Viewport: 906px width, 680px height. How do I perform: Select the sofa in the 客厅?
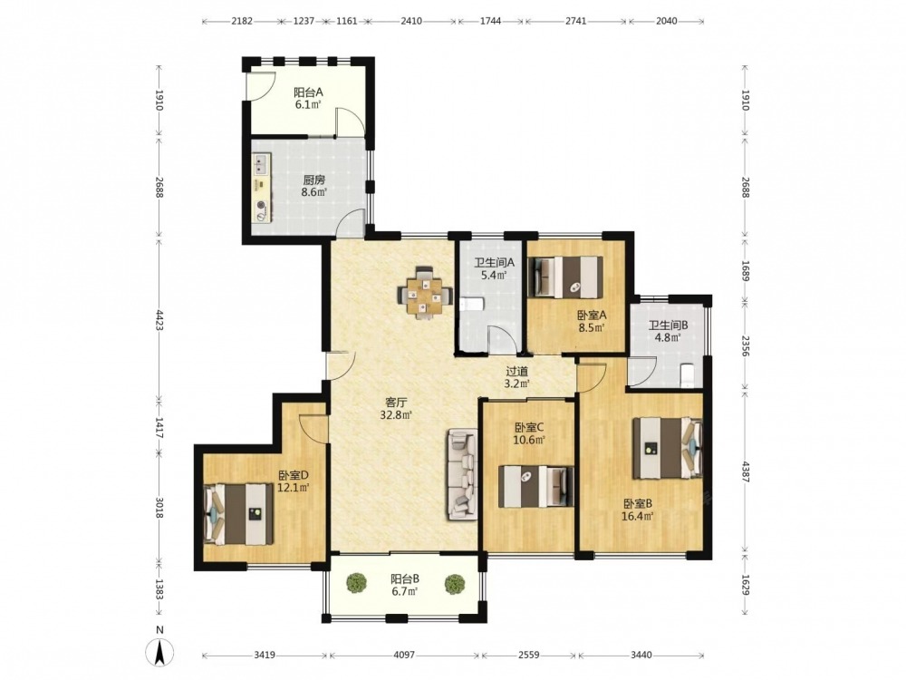[461, 474]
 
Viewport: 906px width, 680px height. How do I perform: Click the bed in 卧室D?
[238, 514]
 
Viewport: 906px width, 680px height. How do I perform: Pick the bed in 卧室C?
[536, 486]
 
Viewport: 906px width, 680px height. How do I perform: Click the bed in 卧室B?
[668, 448]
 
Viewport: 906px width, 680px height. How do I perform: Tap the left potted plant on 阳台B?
[356, 583]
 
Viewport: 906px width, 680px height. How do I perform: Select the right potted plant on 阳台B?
[455, 584]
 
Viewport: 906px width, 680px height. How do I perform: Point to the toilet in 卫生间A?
[472, 305]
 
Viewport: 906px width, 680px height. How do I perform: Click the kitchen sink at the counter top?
[261, 163]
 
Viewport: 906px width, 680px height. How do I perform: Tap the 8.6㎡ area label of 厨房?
[313, 192]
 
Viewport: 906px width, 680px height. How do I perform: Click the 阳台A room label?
[308, 92]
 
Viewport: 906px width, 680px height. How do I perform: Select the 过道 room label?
[517, 371]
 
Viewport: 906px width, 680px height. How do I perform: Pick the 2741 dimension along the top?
[575, 22]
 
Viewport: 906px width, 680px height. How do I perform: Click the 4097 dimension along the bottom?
[404, 656]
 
